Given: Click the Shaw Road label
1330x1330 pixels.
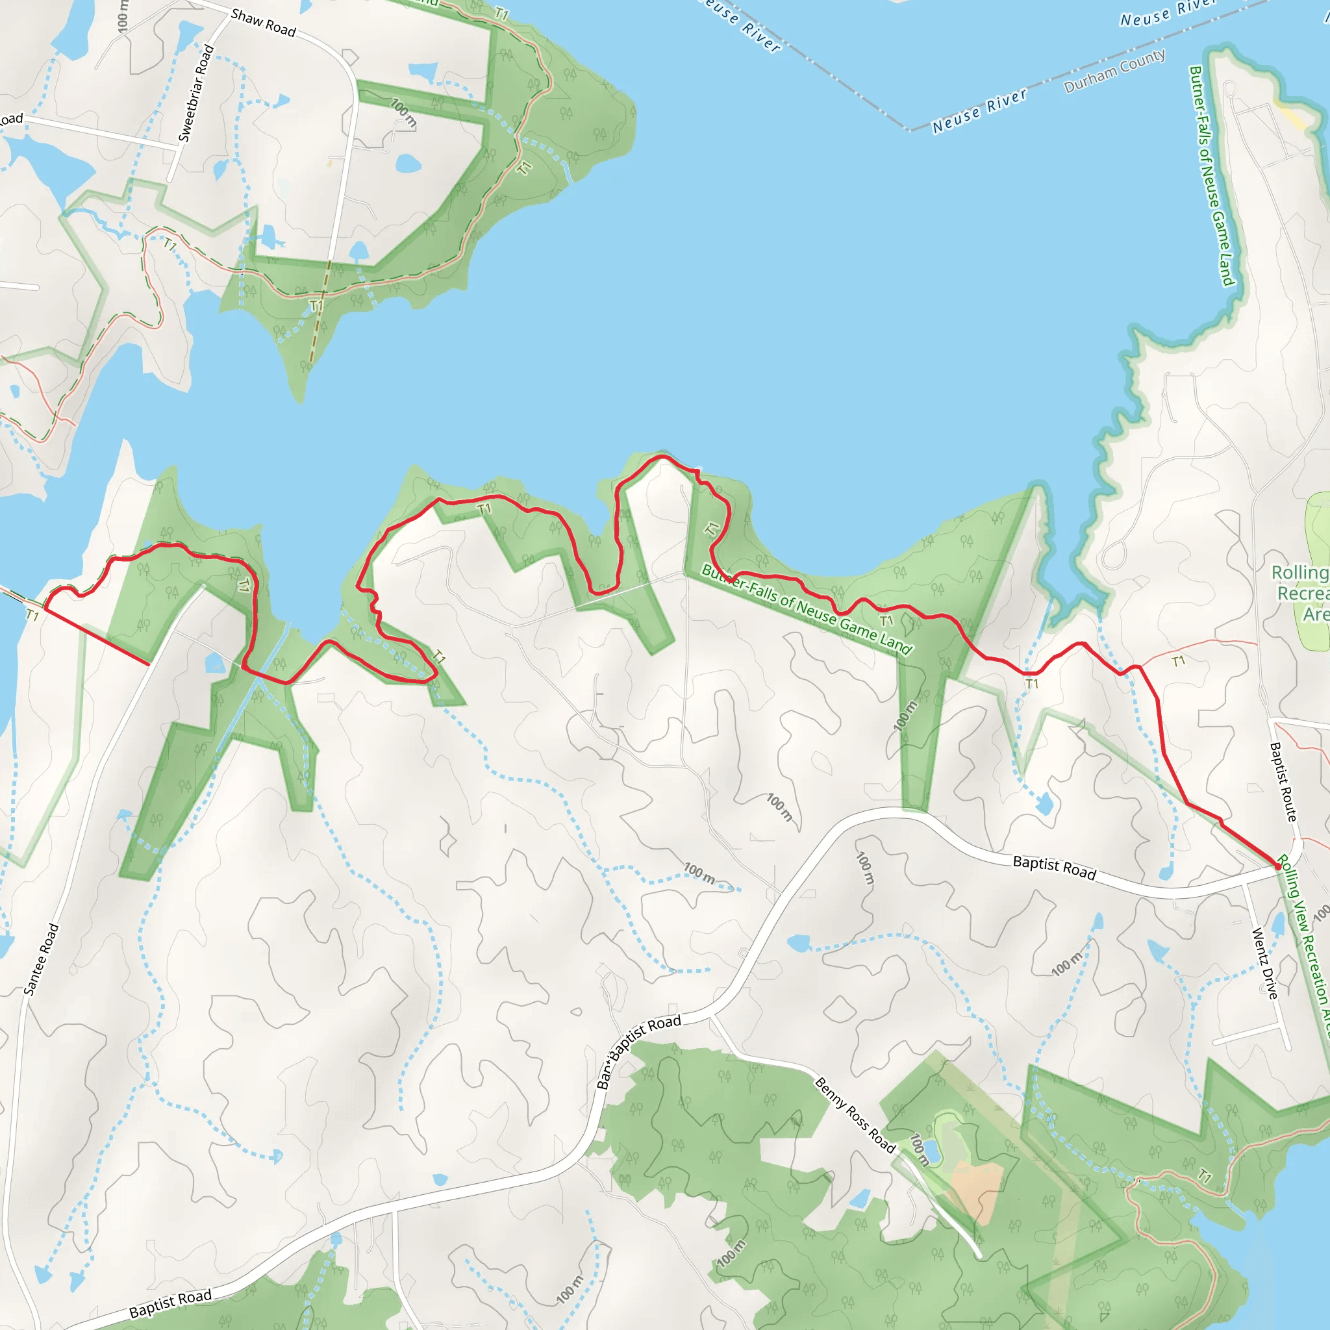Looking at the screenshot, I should [x=263, y=23].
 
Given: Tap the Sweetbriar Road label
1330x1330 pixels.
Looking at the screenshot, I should [x=196, y=93].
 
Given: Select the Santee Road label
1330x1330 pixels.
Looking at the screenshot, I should [x=42, y=959].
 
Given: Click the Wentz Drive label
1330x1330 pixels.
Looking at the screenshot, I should [x=1264, y=964].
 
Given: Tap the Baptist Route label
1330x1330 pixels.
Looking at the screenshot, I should [x=1283, y=781].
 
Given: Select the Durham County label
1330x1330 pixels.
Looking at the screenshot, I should [x=1114, y=71].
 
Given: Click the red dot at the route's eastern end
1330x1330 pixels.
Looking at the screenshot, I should [x=1278, y=867].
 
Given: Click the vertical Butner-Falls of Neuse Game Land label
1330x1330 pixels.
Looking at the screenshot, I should [x=1213, y=175].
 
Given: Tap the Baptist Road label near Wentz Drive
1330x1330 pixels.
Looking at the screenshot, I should [x=1054, y=868].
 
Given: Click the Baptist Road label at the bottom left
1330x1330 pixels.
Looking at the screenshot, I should [x=170, y=1303].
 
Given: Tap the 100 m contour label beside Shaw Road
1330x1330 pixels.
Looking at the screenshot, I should [x=403, y=112].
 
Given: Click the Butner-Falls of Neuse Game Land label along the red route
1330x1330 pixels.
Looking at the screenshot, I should [x=807, y=609].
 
